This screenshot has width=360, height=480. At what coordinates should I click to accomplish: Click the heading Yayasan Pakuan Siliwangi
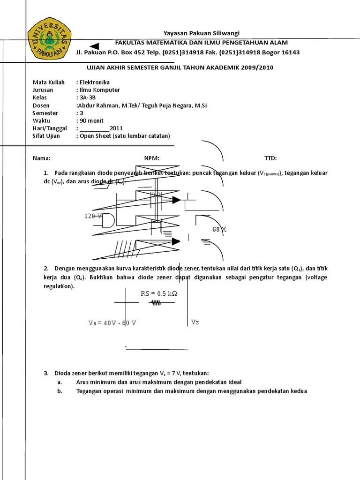coord(201,33)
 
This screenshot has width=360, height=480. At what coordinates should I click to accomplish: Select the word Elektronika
coord(95,82)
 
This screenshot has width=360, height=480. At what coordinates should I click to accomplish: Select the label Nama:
coord(41,158)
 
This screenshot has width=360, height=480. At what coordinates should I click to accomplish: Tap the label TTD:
coord(270,158)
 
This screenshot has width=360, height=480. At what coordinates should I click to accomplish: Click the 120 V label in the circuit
coord(93,216)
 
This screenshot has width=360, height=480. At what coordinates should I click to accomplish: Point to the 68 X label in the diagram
coord(219,230)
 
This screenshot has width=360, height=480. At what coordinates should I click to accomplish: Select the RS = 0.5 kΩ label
coord(159,294)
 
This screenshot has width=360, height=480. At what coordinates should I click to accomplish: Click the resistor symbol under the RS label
coord(155,303)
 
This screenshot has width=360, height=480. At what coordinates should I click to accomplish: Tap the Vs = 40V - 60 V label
coord(112,323)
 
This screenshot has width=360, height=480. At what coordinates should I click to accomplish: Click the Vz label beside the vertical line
coord(195,322)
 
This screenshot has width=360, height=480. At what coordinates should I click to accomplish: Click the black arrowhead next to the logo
coord(94,45)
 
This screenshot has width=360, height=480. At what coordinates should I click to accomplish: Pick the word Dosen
coord(41,105)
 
